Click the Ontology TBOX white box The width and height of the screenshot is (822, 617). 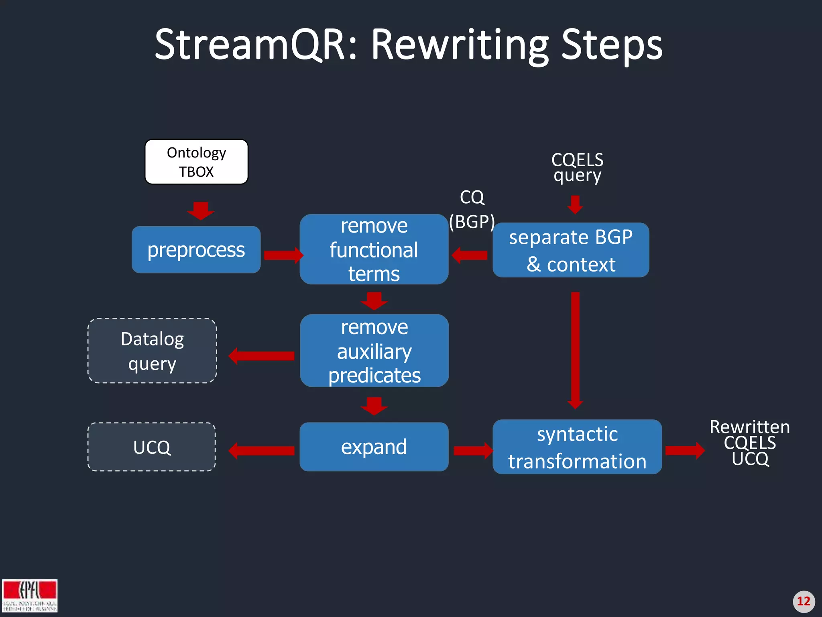pyautogui.click(x=196, y=162)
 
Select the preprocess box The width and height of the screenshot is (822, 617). pyautogui.click(x=196, y=250)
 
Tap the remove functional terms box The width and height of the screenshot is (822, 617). pyautogui.click(x=374, y=249)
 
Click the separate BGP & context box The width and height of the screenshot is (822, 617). pyautogui.click(x=570, y=250)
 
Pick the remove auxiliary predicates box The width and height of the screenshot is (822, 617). pyautogui.click(x=374, y=351)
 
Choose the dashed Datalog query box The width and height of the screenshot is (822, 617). pyautogui.click(x=152, y=351)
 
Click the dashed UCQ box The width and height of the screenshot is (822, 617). pyautogui.click(x=152, y=447)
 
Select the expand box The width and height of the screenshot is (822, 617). pyautogui.click(x=374, y=447)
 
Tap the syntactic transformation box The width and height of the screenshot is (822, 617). pyautogui.click(x=577, y=447)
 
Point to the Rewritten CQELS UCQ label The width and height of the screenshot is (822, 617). pyautogui.click(x=749, y=443)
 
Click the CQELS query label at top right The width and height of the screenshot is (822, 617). pyautogui.click(x=577, y=167)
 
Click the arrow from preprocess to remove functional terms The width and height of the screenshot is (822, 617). pyautogui.click(x=283, y=255)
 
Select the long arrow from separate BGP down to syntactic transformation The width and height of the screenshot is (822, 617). pyautogui.click(x=575, y=349)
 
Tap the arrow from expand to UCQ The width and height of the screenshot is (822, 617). pyautogui.click(x=262, y=451)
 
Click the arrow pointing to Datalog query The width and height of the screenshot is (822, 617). pyautogui.click(x=262, y=356)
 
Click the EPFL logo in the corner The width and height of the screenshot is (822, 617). pyautogui.click(x=30, y=595)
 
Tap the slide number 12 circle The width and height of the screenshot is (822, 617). pyautogui.click(x=804, y=601)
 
